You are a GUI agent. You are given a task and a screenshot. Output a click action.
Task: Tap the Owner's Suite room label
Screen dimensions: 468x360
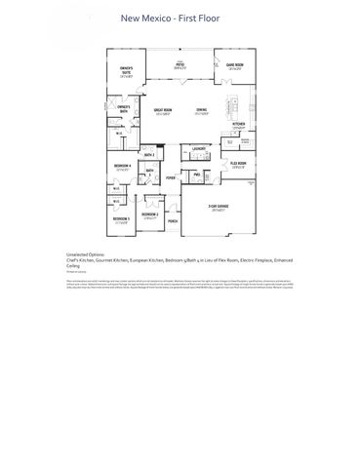point(125,70)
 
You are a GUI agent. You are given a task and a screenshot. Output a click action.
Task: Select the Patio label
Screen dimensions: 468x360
point(180,66)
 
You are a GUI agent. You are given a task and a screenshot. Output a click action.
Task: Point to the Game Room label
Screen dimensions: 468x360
point(235,66)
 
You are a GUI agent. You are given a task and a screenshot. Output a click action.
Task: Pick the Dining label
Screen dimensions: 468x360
point(201,111)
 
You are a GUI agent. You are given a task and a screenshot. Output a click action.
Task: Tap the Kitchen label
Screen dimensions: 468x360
point(238,125)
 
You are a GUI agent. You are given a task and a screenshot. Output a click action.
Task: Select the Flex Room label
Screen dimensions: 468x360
point(238,164)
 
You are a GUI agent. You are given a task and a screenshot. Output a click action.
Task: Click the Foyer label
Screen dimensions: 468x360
point(171,177)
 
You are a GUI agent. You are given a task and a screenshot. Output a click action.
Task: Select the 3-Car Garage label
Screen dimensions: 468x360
point(218,208)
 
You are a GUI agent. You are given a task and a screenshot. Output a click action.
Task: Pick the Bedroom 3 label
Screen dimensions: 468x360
point(120,219)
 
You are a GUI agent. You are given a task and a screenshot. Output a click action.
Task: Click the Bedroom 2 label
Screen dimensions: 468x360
point(149,214)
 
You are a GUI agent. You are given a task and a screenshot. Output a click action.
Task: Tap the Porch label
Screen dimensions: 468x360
point(173,221)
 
